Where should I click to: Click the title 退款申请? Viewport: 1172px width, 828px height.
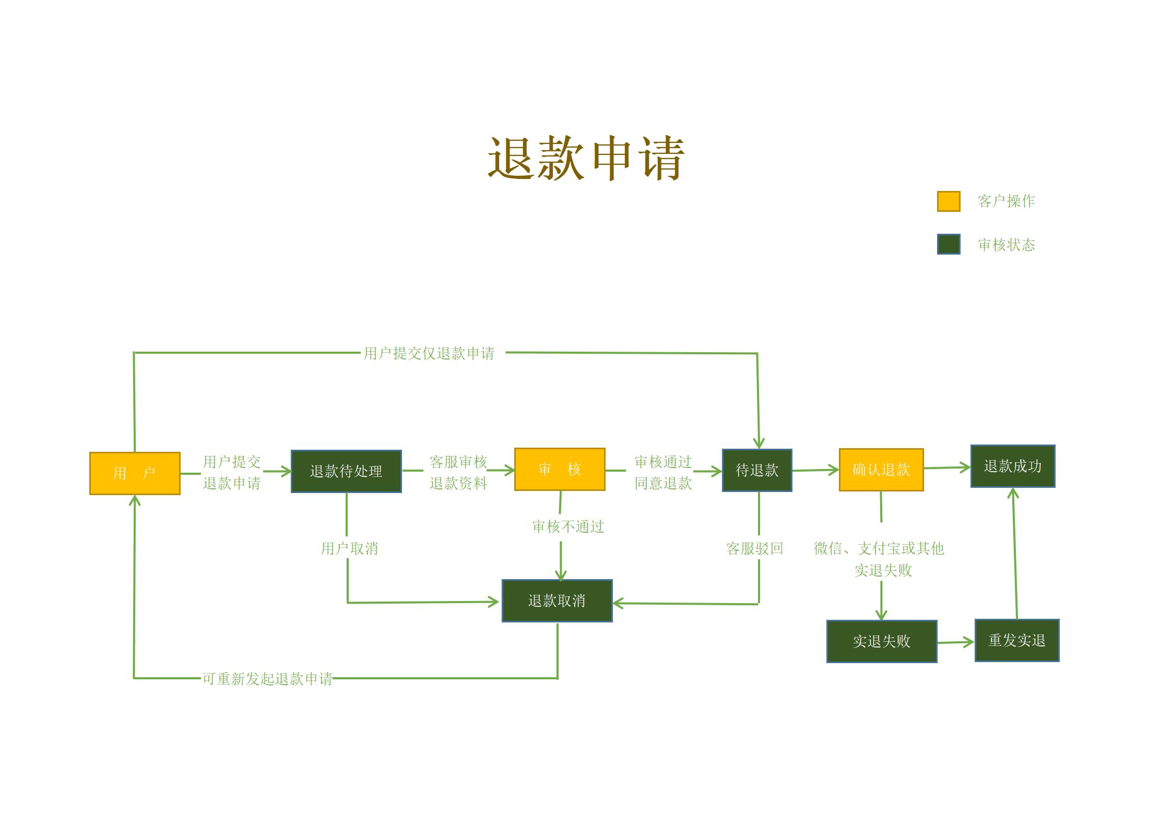click(586, 158)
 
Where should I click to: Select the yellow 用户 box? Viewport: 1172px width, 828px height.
click(135, 473)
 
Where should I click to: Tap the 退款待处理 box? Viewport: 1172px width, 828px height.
click(346, 471)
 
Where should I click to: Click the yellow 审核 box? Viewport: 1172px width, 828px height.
click(560, 469)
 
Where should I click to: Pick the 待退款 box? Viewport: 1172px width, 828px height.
click(757, 470)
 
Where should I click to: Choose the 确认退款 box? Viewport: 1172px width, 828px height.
click(881, 470)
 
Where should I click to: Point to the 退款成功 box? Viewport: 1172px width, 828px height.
click(1013, 466)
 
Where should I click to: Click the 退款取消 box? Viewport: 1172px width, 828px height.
click(557, 601)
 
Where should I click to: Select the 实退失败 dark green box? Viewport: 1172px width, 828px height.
click(882, 641)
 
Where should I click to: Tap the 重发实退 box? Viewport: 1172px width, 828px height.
click(1017, 640)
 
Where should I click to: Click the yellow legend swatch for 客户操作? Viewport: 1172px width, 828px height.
click(949, 201)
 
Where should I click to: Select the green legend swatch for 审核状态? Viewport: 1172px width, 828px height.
click(949, 244)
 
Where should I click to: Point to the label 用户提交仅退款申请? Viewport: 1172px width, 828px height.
click(429, 353)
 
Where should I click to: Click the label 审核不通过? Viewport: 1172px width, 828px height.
click(568, 526)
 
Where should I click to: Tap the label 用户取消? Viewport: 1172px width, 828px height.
click(349, 548)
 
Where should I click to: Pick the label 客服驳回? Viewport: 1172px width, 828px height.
click(755, 548)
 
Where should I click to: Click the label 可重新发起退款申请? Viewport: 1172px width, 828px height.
click(267, 679)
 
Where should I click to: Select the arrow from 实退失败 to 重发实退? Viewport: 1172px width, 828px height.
click(955, 642)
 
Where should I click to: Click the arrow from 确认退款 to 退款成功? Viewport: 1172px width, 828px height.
click(947, 467)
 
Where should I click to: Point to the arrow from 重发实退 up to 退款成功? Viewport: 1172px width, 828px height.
click(1015, 553)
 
